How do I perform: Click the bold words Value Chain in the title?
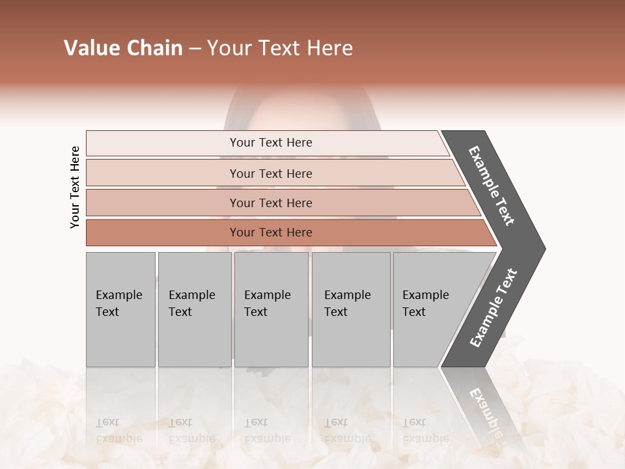[x=123, y=48]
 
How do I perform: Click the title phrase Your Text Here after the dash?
[x=279, y=48]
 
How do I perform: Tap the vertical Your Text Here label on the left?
[x=75, y=187]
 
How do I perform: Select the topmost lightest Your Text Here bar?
[x=270, y=143]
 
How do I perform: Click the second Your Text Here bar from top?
[x=270, y=173]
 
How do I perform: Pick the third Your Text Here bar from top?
[x=270, y=203]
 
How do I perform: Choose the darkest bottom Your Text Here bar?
[x=270, y=233]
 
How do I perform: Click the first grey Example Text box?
[x=120, y=309]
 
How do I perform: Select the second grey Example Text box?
[x=194, y=309]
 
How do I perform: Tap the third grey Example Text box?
[x=271, y=309]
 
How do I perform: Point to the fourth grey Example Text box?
[x=350, y=309]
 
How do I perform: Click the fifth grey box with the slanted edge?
[x=430, y=309]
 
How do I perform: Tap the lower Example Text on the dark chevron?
[x=493, y=307]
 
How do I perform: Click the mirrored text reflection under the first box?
[x=118, y=431]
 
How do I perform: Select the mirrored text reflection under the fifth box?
[x=425, y=431]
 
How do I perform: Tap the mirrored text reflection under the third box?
[x=267, y=431]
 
